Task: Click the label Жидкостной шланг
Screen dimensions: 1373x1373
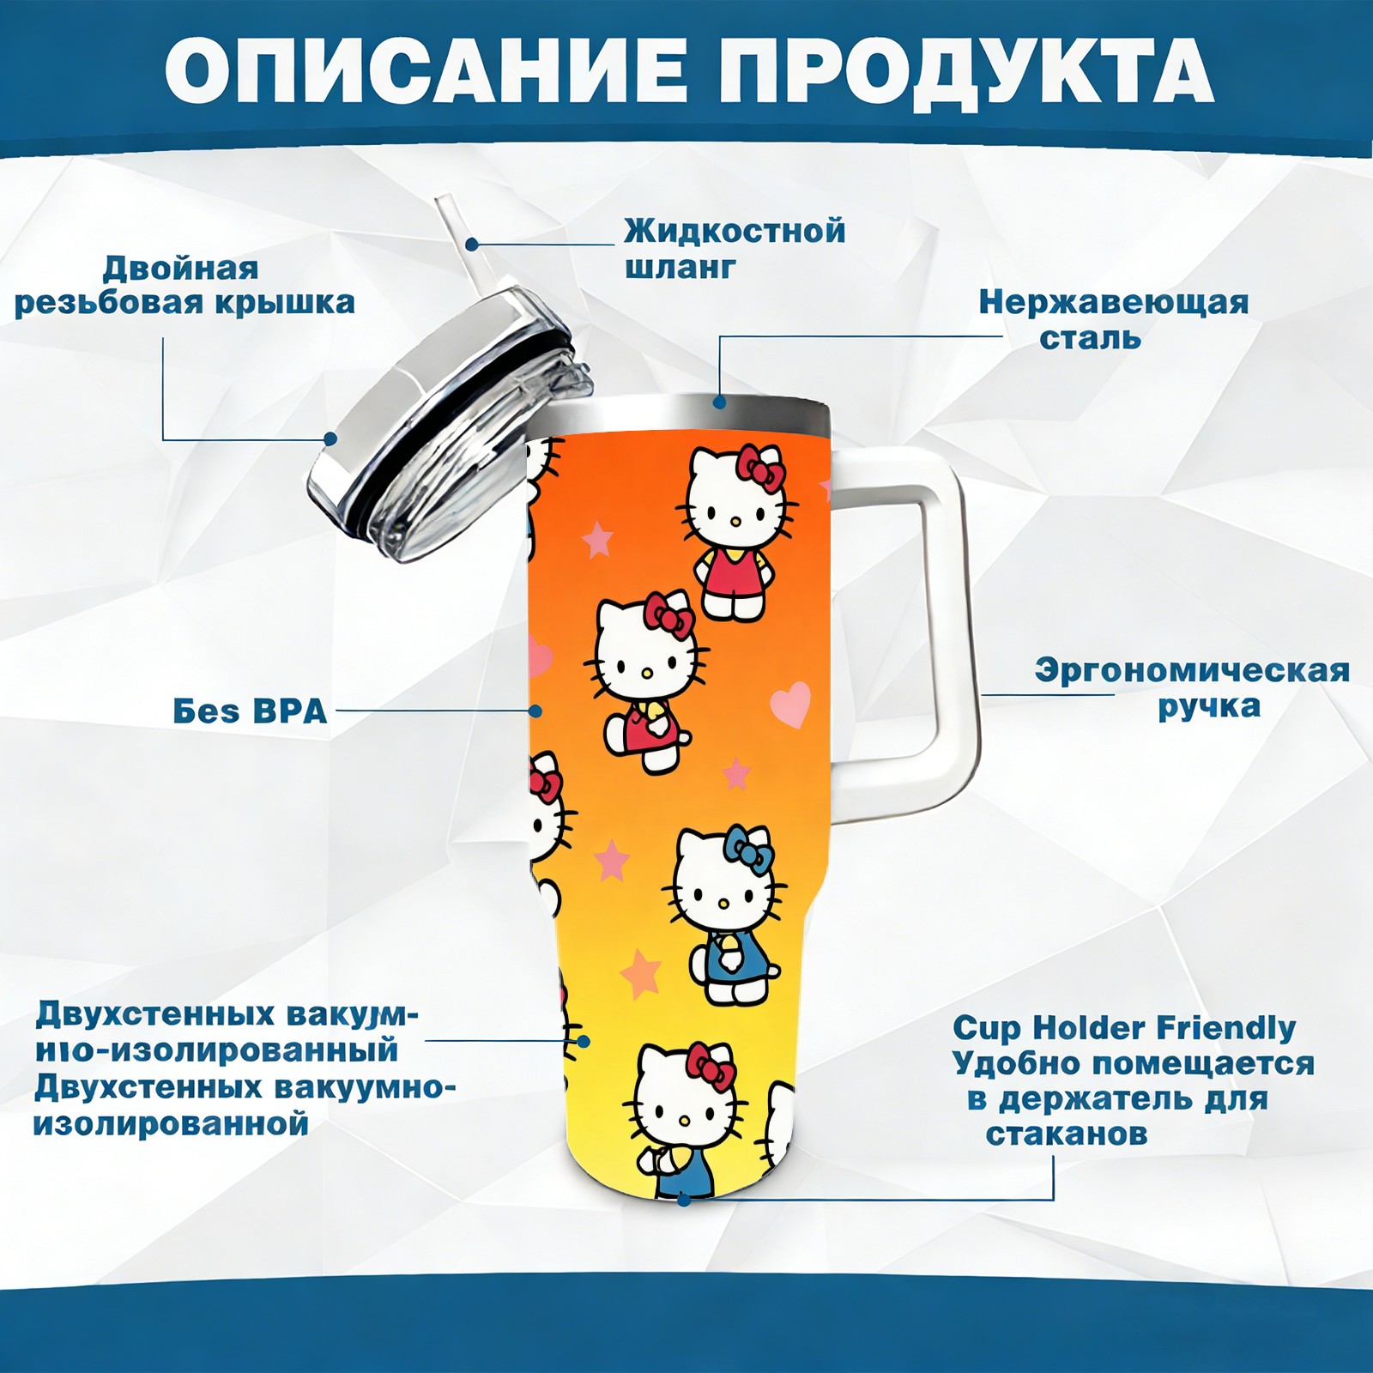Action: [735, 248]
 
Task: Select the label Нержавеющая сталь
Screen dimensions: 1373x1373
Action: [1114, 319]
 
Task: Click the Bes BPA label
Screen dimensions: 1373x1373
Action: [251, 711]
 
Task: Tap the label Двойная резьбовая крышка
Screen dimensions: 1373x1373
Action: [184, 286]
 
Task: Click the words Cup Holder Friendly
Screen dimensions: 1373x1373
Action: [1124, 1027]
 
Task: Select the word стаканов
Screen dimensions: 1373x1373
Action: [1067, 1134]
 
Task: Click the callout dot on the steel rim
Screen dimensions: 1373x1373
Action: [719, 401]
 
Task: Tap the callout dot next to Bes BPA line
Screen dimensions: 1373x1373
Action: [535, 711]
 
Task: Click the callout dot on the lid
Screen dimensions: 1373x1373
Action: [330, 439]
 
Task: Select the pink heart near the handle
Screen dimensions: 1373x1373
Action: [790, 704]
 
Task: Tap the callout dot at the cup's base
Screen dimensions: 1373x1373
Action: [683, 1199]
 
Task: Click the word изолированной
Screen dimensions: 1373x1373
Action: [170, 1123]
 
